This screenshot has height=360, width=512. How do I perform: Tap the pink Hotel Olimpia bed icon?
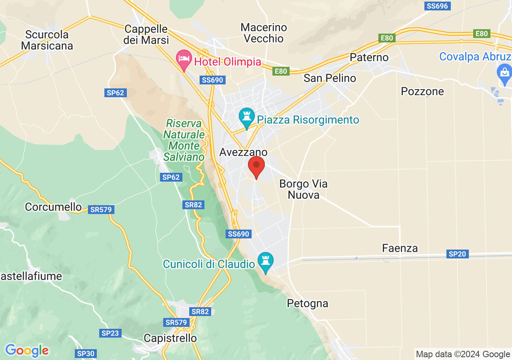(x=184, y=60)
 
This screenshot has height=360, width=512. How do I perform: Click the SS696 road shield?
(x=438, y=6)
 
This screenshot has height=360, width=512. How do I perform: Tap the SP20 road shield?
(x=458, y=254)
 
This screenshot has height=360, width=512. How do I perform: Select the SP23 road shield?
(x=110, y=333)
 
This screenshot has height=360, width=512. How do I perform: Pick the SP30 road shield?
(x=86, y=354)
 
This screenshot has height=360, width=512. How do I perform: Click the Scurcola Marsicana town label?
(x=47, y=40)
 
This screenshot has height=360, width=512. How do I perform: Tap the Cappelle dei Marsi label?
(x=146, y=34)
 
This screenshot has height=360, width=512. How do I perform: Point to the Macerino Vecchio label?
(x=264, y=33)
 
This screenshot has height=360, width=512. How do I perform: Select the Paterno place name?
(x=369, y=57)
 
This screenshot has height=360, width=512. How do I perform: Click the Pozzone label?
(x=422, y=91)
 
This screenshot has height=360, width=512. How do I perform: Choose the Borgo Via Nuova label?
(x=304, y=189)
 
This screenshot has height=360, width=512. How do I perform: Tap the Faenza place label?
(x=400, y=248)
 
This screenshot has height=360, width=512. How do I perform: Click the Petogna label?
(x=308, y=303)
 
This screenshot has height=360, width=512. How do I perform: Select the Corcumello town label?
(x=53, y=207)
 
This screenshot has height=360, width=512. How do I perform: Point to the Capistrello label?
(x=170, y=338)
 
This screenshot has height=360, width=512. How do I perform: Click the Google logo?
(x=27, y=350)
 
